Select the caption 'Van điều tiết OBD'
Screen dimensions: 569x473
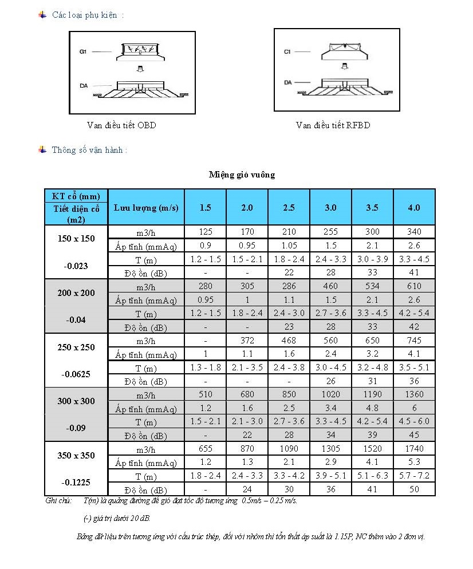point(121,125)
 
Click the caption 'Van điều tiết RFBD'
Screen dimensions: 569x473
point(333,125)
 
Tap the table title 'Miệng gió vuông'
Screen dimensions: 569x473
point(241,175)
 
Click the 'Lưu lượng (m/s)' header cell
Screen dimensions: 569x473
point(146,207)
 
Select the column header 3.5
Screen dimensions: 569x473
point(372,207)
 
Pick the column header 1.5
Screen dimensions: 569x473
point(205,207)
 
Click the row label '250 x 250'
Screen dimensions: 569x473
point(76,347)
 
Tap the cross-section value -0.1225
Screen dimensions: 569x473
point(76,482)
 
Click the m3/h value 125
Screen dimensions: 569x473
point(205,232)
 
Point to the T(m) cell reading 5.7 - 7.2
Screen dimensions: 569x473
point(414,475)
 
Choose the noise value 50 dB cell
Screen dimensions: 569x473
point(414,489)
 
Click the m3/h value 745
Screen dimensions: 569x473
point(414,341)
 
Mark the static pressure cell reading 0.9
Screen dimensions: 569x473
point(205,246)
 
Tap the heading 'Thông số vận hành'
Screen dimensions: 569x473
point(89,150)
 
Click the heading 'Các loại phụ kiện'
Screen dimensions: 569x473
point(87,15)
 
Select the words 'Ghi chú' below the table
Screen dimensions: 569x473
point(58,501)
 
